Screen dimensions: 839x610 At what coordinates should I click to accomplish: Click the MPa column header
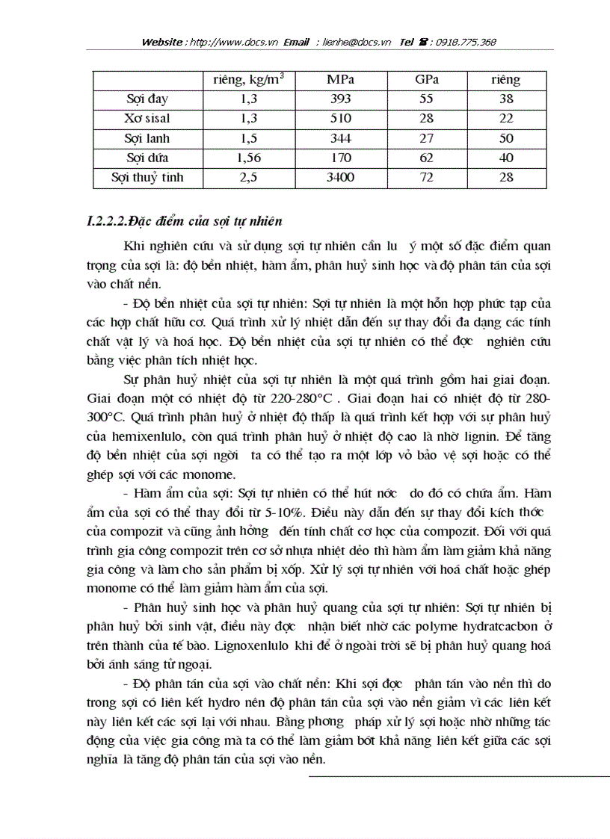coord(340,79)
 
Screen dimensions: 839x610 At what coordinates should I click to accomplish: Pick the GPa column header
coord(427,79)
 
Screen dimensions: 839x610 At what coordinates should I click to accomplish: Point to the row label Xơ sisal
coord(147,118)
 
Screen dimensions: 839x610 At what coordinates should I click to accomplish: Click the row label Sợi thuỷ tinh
coord(147,177)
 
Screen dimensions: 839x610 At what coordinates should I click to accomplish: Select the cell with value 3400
coord(340,177)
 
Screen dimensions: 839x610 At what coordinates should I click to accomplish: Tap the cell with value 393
coord(340,99)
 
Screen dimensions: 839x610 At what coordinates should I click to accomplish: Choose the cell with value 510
coord(340,118)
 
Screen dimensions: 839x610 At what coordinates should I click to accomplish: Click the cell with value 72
coord(427,177)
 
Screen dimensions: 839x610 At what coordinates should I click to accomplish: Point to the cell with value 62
coord(427,158)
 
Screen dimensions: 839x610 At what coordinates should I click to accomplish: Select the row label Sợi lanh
coord(147,138)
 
